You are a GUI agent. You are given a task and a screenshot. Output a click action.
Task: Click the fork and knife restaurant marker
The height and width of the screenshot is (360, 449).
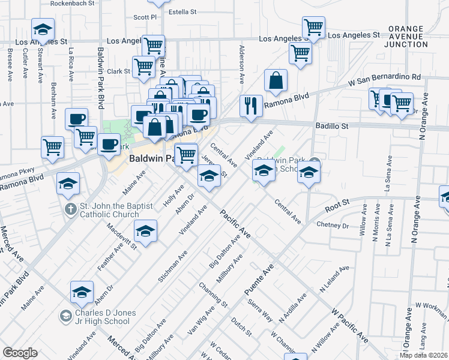coord(251,106)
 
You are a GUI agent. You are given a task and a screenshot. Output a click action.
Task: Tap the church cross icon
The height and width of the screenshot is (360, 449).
coord(70,209)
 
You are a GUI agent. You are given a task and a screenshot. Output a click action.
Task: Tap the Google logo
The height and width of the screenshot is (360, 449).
coord(20,353)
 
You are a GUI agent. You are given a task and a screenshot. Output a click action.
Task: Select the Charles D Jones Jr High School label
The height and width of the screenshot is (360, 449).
coord(102,317)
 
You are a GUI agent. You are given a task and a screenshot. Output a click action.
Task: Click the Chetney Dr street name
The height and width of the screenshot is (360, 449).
coord(333,225)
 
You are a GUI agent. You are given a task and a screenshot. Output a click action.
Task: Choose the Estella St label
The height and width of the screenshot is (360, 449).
coord(182,12)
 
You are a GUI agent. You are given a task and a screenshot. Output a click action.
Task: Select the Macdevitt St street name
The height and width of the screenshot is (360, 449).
coord(122,236)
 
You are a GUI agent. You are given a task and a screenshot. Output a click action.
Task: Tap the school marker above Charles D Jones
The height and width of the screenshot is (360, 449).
coord(82,292)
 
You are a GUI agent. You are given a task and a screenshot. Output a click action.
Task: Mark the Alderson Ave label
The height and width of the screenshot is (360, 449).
coord(242,64)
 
